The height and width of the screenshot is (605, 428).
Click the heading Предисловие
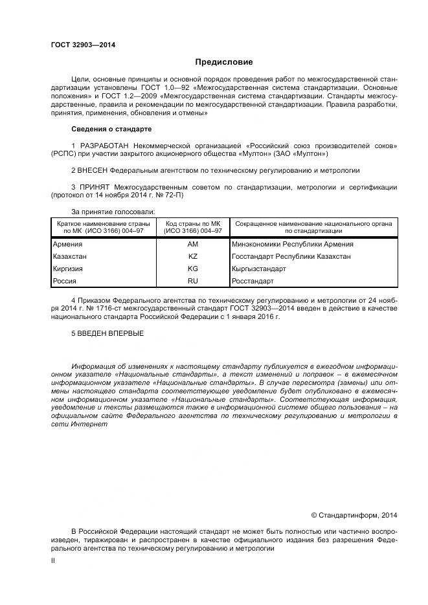pyautogui.click(x=224, y=62)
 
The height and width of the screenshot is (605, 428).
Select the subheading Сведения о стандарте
pyautogui.click(x=111, y=129)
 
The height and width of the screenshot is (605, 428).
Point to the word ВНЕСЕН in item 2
pyautogui.click(x=93, y=170)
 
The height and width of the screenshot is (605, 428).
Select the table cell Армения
pyautogui.click(x=67, y=244)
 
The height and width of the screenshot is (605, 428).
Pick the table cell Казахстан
pyautogui.click(x=70, y=256)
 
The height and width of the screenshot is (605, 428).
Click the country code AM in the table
pyautogui.click(x=192, y=244)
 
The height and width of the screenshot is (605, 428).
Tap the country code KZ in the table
pyautogui.click(x=192, y=256)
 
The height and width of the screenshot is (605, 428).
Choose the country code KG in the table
pyautogui.click(x=192, y=269)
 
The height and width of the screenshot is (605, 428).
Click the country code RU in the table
pyautogui.click(x=192, y=281)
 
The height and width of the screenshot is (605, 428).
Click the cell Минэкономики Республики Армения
pyautogui.click(x=292, y=244)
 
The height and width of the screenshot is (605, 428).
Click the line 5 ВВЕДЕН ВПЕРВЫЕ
pyautogui.click(x=107, y=333)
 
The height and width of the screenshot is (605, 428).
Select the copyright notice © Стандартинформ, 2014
pyautogui.click(x=354, y=515)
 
